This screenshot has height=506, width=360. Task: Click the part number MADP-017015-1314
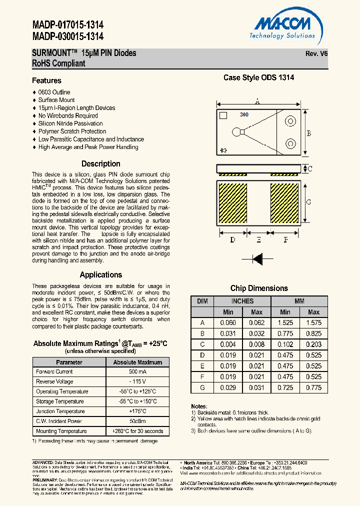(x=68, y=25)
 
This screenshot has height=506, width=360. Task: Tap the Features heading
(x=46, y=80)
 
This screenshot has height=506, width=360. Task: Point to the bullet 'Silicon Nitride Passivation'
(x=70, y=123)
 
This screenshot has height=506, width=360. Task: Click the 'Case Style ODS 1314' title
(x=258, y=77)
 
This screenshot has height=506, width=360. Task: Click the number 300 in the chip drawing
(x=244, y=114)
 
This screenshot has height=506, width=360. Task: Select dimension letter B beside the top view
(x=309, y=133)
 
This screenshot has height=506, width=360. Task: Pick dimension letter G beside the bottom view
(x=309, y=202)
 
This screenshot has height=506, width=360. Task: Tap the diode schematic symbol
(x=257, y=258)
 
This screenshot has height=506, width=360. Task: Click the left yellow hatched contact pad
(x=234, y=204)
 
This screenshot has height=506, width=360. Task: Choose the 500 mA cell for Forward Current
(x=137, y=371)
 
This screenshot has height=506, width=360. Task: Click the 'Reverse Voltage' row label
(x=54, y=381)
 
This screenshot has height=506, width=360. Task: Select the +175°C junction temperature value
(x=137, y=411)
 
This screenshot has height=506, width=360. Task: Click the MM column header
(x=299, y=301)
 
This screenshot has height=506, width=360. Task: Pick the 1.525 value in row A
(x=285, y=323)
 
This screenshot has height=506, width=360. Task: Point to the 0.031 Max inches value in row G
(x=256, y=388)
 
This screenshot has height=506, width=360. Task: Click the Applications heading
(x=101, y=274)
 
